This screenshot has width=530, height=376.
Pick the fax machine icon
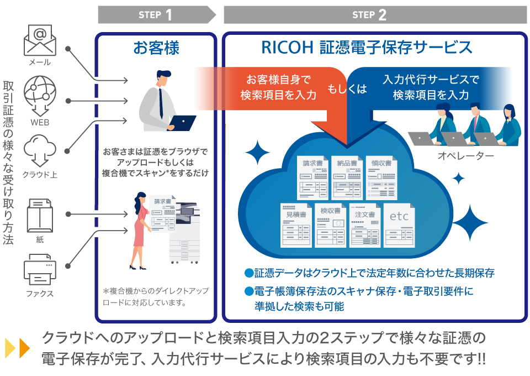pos(40,270)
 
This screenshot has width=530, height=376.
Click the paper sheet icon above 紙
pos(40,215)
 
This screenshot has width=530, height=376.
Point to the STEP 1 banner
pos(156,15)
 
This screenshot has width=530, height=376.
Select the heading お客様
pos(156,48)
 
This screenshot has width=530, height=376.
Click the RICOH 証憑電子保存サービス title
pos(367,48)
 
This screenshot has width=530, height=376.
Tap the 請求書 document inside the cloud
pos(312,177)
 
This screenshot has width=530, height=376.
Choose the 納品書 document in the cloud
pos(347,177)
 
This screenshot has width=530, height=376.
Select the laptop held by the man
pos(182,122)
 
